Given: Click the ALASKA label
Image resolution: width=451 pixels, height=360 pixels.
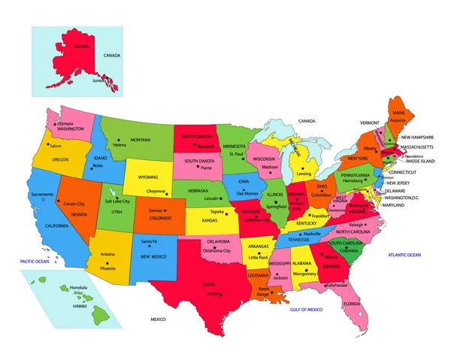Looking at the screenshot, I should click(81, 47).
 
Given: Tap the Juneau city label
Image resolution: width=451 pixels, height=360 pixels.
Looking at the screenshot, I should click(98, 80).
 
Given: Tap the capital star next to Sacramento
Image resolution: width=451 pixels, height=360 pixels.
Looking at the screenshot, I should click(44, 200).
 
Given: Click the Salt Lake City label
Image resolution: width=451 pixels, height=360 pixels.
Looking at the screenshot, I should click(117, 201).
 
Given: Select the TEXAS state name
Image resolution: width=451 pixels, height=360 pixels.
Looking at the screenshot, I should click(208, 285).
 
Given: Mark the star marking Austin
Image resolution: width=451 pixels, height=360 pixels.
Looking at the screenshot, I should click(220, 294).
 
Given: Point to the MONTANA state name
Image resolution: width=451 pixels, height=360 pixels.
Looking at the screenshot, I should click(141, 140).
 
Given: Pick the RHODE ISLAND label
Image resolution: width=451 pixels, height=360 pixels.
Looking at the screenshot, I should click(422, 161).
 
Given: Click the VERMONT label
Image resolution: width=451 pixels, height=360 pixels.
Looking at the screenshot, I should click(369, 123).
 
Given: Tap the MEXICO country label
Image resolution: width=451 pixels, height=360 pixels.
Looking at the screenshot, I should click(157, 319).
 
